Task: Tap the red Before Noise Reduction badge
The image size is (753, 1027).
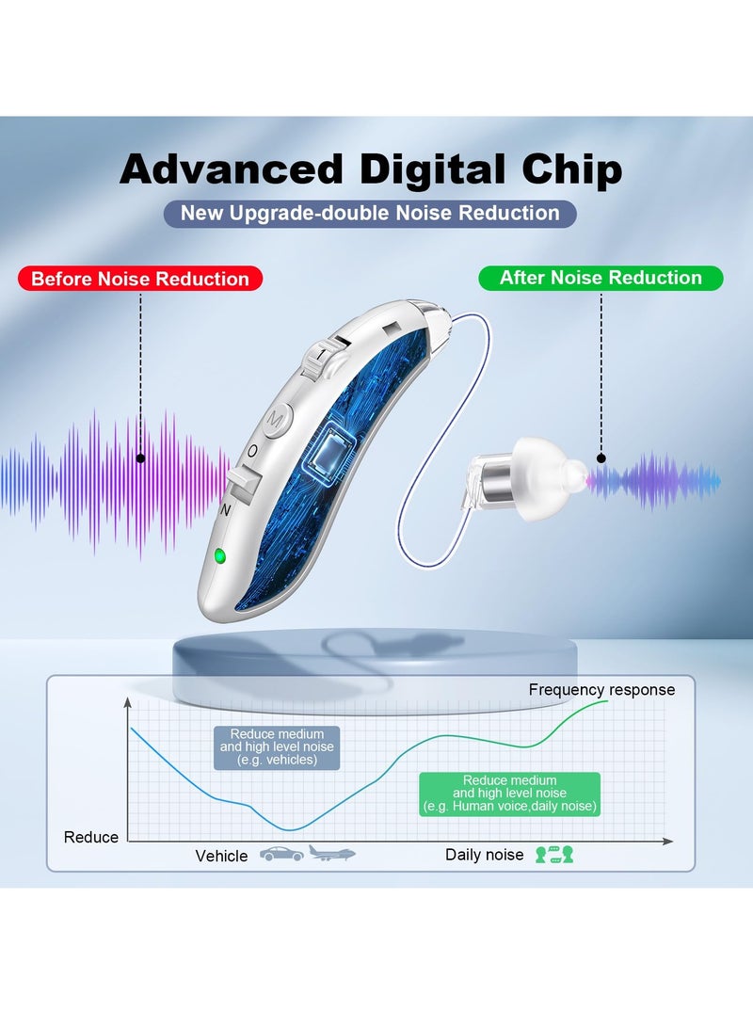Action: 140,279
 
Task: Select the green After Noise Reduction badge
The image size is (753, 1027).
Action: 601,278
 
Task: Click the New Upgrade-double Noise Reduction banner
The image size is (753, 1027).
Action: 370,213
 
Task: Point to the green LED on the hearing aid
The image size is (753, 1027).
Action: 219,555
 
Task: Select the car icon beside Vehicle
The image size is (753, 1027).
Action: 281,855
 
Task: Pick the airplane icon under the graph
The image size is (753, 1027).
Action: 332,854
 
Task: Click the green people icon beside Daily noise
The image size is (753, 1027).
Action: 554,855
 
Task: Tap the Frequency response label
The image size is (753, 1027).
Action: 601,690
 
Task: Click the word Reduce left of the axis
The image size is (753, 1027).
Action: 91,837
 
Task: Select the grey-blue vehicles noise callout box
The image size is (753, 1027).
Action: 277,747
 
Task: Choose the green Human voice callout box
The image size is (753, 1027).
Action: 509,794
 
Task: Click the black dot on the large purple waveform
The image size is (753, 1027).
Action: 140,458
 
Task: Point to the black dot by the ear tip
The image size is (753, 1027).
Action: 601,458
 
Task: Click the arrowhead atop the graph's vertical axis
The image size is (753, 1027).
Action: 128,701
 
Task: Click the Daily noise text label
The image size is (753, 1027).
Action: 484,855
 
